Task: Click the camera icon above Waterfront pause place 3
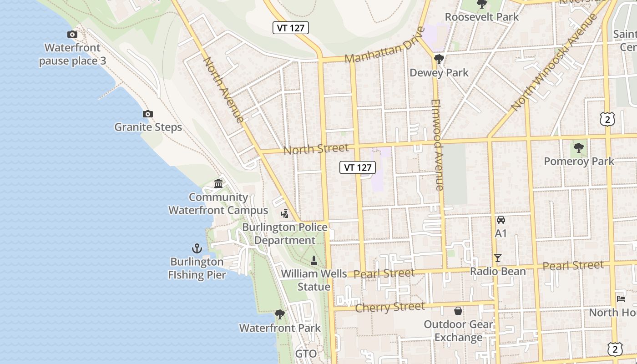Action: (x=72, y=34)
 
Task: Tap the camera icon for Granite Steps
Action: (x=147, y=114)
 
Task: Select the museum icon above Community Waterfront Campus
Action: (x=218, y=184)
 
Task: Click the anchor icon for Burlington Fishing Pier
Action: (x=197, y=248)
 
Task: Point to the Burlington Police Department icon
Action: (x=284, y=213)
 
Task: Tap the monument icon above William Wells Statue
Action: (x=313, y=261)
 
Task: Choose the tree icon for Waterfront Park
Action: (x=280, y=314)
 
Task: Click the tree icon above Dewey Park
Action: (x=439, y=59)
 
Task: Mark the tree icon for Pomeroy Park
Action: (x=578, y=147)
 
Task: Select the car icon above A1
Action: (x=500, y=220)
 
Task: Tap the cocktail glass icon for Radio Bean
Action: (x=498, y=258)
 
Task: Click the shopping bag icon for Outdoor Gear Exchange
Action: (x=458, y=311)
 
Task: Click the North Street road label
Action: (x=316, y=148)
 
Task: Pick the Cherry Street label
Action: (x=389, y=307)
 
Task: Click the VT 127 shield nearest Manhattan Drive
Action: (x=291, y=28)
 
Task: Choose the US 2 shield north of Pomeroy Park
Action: (x=607, y=119)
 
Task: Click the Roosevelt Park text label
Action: (x=481, y=17)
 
